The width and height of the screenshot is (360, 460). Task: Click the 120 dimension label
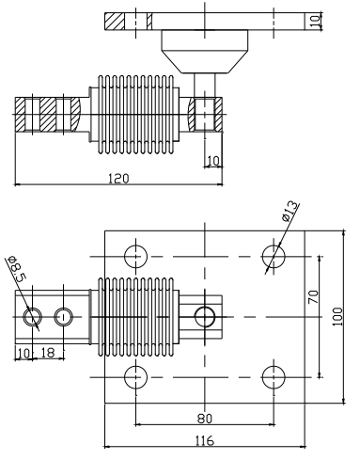118,179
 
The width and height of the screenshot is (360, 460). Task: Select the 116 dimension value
205,440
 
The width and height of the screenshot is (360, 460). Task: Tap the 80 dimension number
205,419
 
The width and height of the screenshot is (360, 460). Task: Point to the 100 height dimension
337,317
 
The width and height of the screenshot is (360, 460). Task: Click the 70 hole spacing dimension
313,296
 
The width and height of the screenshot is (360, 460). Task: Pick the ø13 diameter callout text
290,211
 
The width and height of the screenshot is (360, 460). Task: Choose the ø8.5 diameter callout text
17,269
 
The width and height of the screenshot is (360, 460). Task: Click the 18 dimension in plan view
48,353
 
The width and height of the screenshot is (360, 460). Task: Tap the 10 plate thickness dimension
317,21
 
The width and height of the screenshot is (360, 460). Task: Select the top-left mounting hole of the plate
135,256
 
